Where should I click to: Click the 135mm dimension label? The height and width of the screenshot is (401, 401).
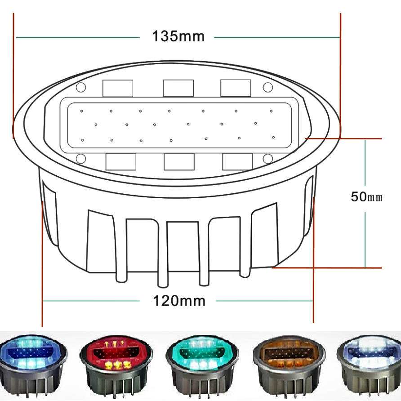pyautogui.click(x=178, y=36)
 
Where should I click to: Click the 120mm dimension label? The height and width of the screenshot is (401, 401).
pyautogui.click(x=179, y=301)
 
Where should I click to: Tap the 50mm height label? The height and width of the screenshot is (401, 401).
pyautogui.click(x=366, y=196)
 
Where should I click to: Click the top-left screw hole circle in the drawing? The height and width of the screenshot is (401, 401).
pyautogui.click(x=81, y=88)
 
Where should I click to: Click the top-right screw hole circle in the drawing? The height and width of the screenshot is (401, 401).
pyautogui.click(x=268, y=87)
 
